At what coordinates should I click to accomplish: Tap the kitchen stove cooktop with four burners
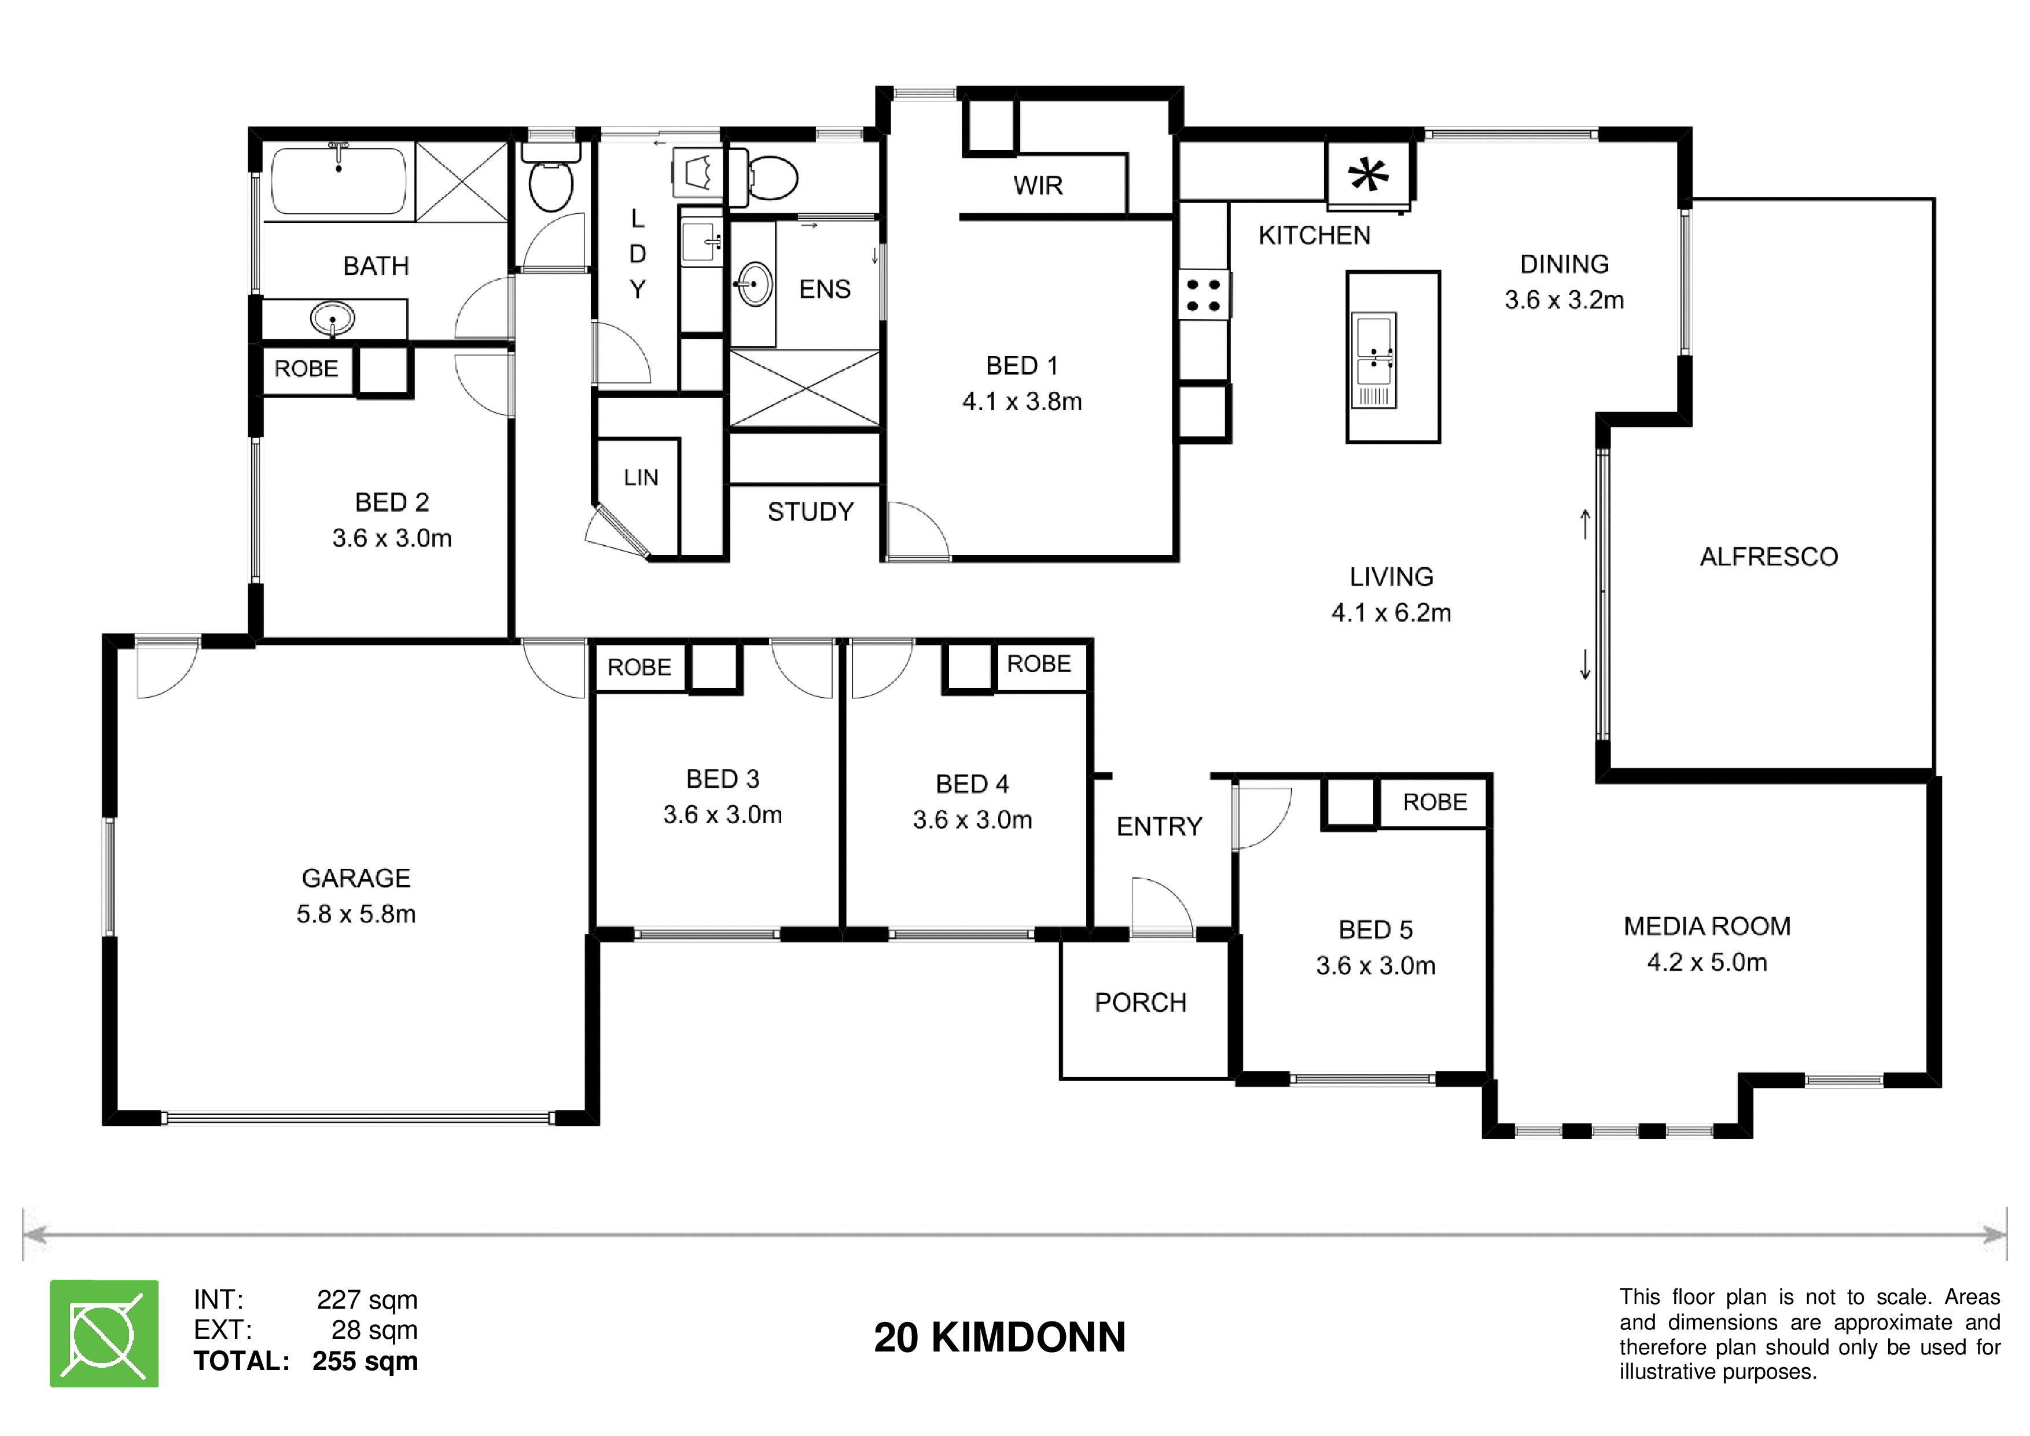[x=1204, y=295]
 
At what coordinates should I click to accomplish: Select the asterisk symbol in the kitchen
[x=1368, y=174]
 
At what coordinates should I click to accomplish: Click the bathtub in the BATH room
[x=339, y=181]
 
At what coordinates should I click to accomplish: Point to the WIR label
[x=1038, y=186]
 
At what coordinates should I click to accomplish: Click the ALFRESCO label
[x=1769, y=556]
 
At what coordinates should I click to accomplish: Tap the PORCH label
[x=1141, y=1002]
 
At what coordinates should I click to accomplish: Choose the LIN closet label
[x=641, y=478]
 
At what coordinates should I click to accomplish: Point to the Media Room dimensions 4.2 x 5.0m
[x=1707, y=962]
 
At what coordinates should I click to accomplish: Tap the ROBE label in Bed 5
[x=1435, y=802]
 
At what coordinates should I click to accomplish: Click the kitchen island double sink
[x=1374, y=360]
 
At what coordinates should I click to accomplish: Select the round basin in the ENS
[x=754, y=284]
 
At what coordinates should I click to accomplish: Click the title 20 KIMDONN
[x=1000, y=1337]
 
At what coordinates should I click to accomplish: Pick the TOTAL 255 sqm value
[x=365, y=1361]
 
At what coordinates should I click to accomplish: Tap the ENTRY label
[x=1159, y=826]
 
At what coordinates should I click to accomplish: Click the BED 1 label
[x=1022, y=365]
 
